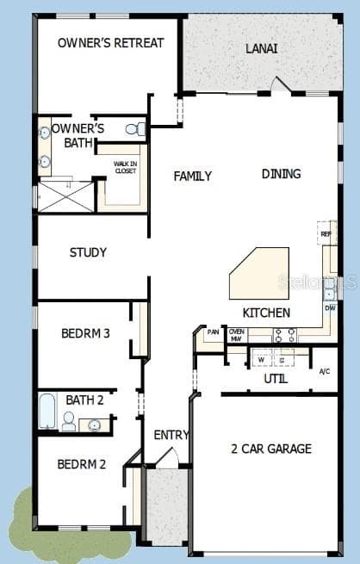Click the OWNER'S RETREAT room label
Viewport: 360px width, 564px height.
(x=110, y=42)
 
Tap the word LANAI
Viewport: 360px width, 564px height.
(x=262, y=49)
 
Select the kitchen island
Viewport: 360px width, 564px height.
(x=259, y=272)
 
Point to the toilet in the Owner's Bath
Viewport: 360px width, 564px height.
(x=135, y=129)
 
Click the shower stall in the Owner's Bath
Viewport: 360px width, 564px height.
(x=65, y=196)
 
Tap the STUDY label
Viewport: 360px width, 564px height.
(x=88, y=252)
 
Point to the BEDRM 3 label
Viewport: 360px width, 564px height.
(x=85, y=333)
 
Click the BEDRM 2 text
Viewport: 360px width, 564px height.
(x=82, y=464)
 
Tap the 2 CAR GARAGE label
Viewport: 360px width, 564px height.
(x=270, y=449)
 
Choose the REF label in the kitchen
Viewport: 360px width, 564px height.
(x=326, y=233)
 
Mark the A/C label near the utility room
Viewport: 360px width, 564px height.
(x=324, y=371)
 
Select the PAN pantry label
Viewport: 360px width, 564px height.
(x=213, y=332)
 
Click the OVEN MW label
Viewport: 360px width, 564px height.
(x=237, y=335)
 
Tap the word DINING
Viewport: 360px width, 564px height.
(x=281, y=174)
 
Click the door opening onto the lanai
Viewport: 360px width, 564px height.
(x=279, y=86)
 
